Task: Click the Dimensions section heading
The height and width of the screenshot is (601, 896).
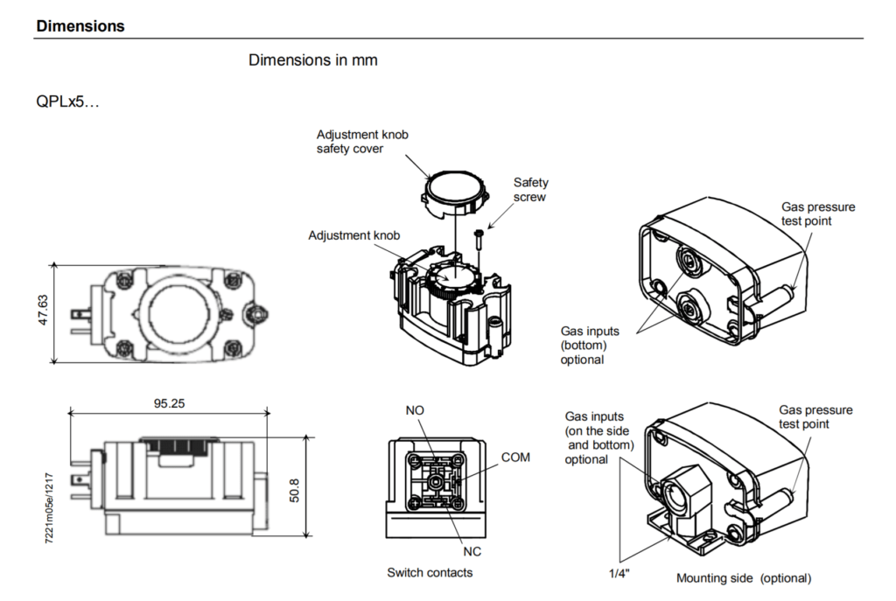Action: tap(80, 26)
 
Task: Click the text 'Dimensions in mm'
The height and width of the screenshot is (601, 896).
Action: tap(312, 60)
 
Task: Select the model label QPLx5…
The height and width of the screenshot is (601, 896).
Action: tap(68, 102)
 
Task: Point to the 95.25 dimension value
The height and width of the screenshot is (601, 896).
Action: tap(170, 404)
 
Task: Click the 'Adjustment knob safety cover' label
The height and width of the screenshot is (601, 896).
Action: tap(362, 142)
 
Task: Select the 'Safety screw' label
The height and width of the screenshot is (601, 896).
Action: tap(530, 190)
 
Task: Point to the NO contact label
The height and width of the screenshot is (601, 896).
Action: tap(415, 410)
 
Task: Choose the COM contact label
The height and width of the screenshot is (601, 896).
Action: tap(514, 458)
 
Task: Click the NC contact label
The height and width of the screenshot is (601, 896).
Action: tap(471, 551)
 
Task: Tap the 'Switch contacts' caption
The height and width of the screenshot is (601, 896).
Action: tap(430, 572)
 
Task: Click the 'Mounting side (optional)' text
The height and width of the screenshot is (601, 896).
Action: tap(743, 578)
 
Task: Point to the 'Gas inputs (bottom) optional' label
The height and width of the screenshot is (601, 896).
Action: tap(589, 345)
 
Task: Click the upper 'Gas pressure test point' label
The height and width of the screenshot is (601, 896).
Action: tap(817, 213)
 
